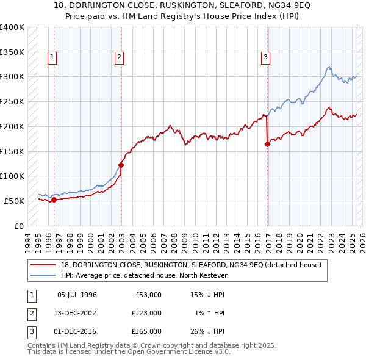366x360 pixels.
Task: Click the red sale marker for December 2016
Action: point(267,144)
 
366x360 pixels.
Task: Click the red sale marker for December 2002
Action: point(121,165)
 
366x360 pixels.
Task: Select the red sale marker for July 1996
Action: point(54,200)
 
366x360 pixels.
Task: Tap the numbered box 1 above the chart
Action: point(52,57)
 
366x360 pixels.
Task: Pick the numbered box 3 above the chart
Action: point(266,57)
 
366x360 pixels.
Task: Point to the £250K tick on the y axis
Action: point(12,101)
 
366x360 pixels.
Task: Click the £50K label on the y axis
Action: point(14,201)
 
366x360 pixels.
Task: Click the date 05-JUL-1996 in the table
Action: point(77,295)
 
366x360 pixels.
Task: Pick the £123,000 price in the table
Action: point(146,313)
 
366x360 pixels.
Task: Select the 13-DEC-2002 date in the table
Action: point(77,313)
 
